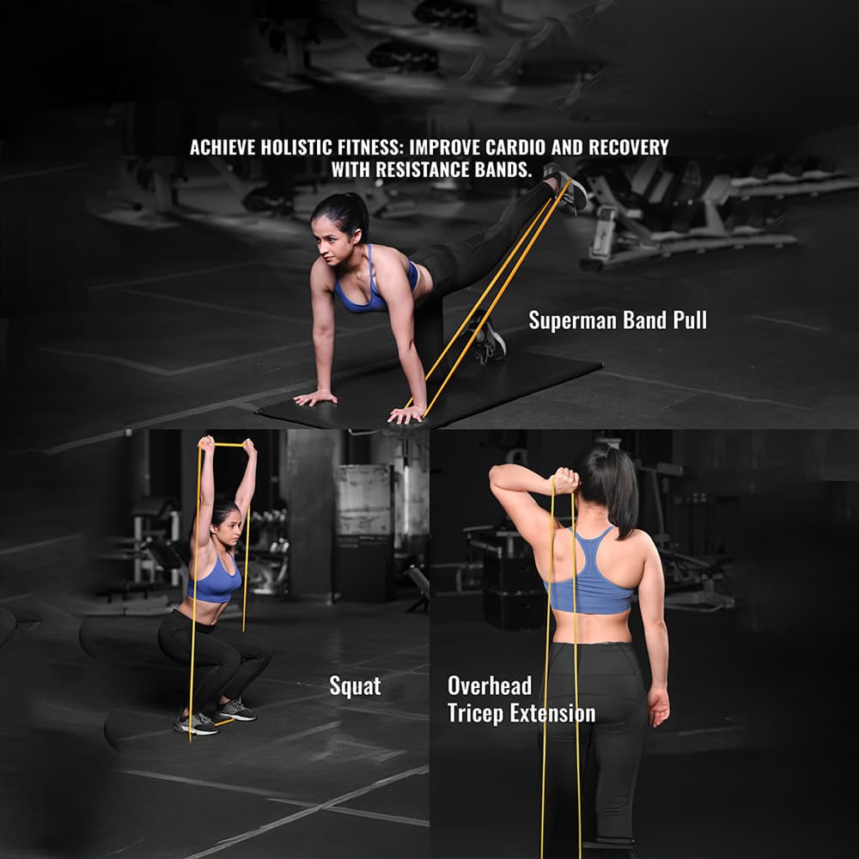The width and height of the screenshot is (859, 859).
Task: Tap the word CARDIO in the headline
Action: (x=515, y=148)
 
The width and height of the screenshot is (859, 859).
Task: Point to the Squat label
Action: (x=355, y=686)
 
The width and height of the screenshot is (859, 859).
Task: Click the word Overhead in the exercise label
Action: (x=490, y=685)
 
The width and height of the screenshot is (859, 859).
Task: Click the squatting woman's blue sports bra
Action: (x=215, y=581)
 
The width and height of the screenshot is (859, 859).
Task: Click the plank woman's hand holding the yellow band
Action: (x=406, y=414)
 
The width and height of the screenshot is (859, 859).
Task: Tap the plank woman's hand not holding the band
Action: (x=315, y=398)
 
